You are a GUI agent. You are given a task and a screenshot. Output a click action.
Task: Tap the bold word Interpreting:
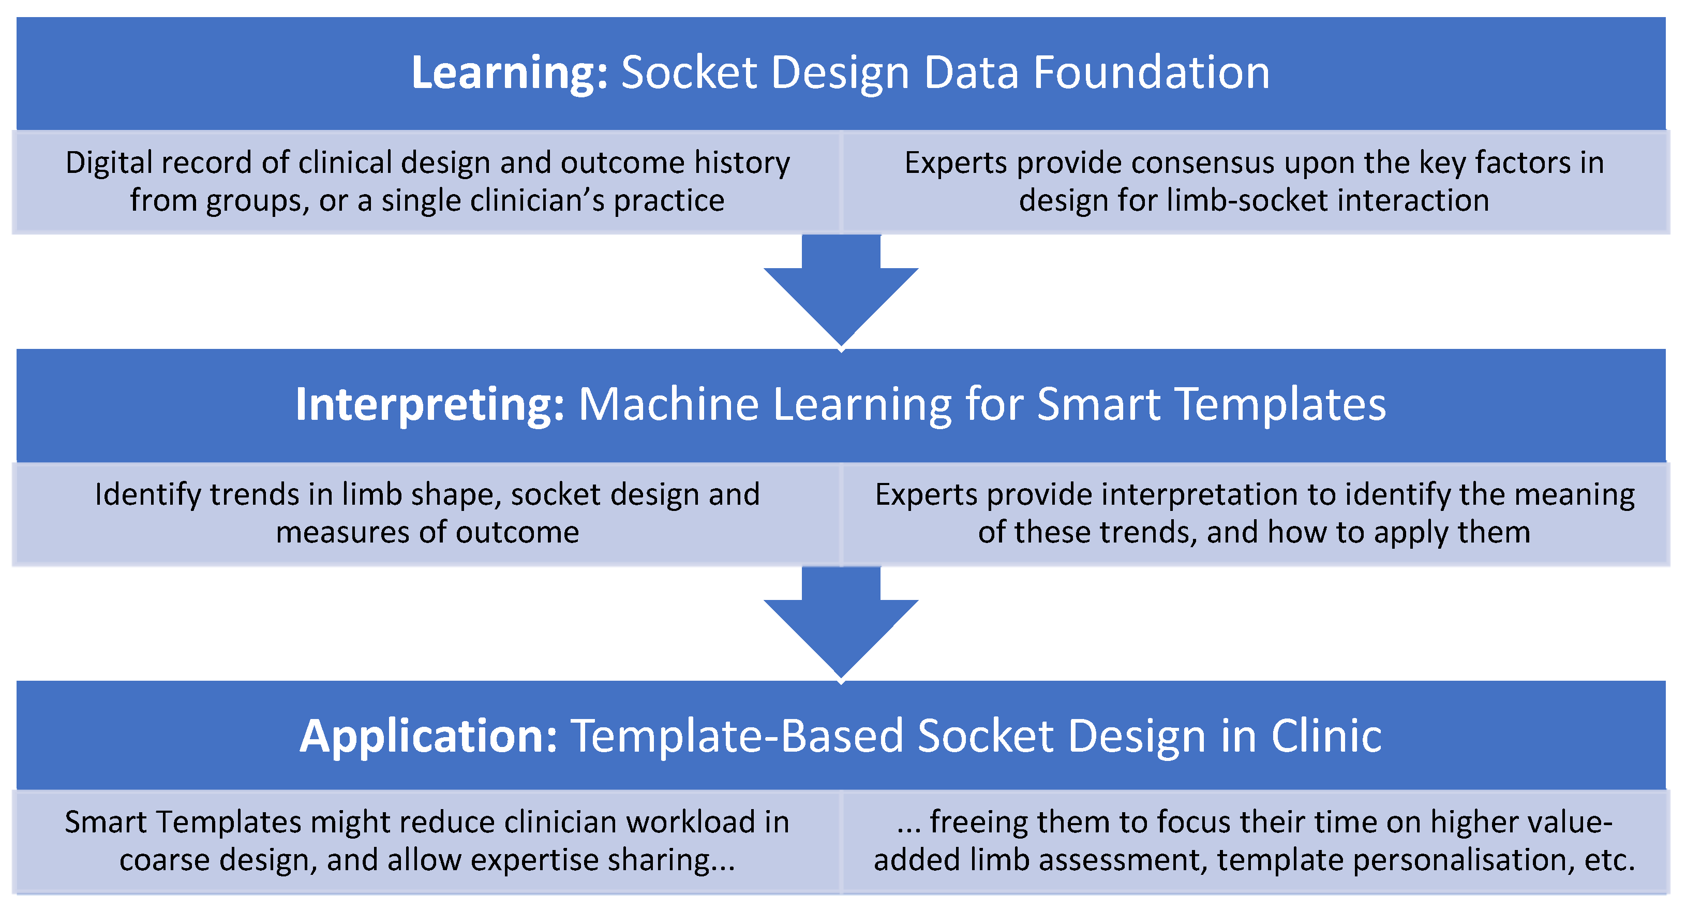click(429, 404)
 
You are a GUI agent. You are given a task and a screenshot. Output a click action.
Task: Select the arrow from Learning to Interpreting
click(841, 291)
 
